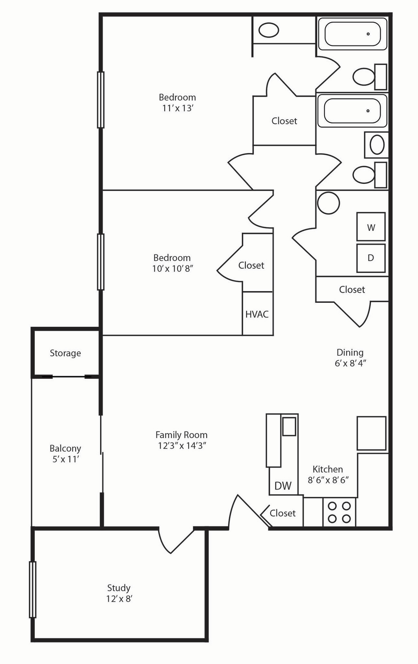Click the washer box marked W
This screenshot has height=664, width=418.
(x=371, y=227)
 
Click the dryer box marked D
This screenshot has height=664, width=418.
(x=371, y=258)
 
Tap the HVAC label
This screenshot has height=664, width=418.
(x=257, y=314)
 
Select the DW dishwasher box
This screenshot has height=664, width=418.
(x=283, y=485)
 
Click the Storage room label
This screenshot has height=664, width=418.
(x=65, y=353)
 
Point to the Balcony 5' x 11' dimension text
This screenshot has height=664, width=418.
(x=66, y=459)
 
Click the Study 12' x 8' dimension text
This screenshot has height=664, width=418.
(x=119, y=599)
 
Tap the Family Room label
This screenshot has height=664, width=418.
(x=181, y=434)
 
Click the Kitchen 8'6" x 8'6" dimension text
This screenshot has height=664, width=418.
(x=328, y=480)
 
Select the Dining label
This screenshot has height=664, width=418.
(x=350, y=352)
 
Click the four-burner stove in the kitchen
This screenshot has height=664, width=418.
(x=339, y=512)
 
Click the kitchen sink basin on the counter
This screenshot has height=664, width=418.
(x=289, y=426)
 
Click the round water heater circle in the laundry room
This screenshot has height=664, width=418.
(x=328, y=203)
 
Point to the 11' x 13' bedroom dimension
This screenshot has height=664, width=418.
(x=177, y=108)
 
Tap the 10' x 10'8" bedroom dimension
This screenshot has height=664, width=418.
(x=173, y=268)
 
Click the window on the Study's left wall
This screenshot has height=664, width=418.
(x=32, y=589)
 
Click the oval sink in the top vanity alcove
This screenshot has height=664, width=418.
(x=269, y=30)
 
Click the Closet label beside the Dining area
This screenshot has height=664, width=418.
(x=352, y=289)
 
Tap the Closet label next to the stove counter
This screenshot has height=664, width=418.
(x=282, y=513)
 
